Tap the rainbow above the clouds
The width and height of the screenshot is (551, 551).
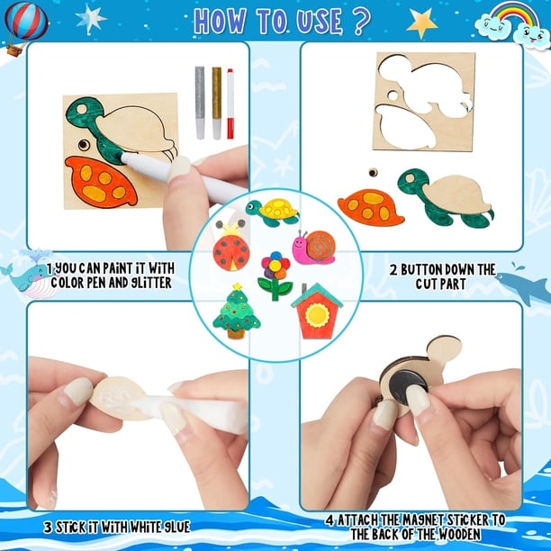click(514, 14)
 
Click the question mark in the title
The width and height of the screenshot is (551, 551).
click(360, 21)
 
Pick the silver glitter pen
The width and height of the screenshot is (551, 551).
click(200, 103)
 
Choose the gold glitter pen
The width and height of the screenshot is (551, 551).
click(217, 103)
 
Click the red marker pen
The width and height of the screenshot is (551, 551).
click(230, 104)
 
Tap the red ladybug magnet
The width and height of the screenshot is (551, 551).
click(230, 246)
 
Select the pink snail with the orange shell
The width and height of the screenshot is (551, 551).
click(314, 247)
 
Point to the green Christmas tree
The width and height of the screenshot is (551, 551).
click(237, 311)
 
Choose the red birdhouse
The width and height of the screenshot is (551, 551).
click(317, 311)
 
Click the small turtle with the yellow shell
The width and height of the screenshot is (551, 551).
click(272, 212)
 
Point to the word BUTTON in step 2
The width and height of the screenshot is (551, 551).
click(420, 270)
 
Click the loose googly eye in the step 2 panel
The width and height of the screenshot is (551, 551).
click(373, 173)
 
